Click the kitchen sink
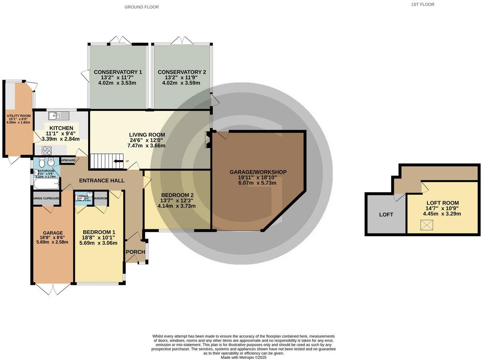click(x=59, y=116)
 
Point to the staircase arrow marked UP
click(x=119, y=161)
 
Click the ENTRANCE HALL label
click(x=102, y=181)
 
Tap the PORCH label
click(x=135, y=252)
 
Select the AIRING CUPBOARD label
click(x=46, y=198)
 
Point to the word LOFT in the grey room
click(x=386, y=215)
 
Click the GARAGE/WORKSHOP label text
click(x=258, y=172)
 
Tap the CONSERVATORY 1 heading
click(x=118, y=72)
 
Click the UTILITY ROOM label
click(x=18, y=116)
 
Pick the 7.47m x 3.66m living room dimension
click(x=146, y=146)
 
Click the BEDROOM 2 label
click(x=177, y=195)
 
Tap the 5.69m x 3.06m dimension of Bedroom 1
click(x=98, y=243)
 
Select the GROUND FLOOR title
click(x=141, y=7)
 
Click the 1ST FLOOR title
click(x=422, y=4)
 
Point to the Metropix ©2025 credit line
click(x=243, y=358)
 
